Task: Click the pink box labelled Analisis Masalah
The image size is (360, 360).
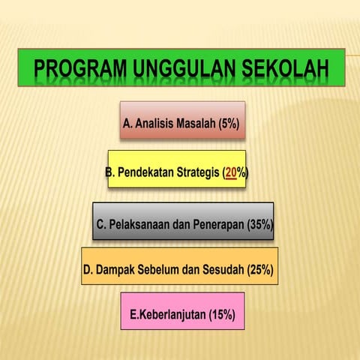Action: [182, 120]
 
